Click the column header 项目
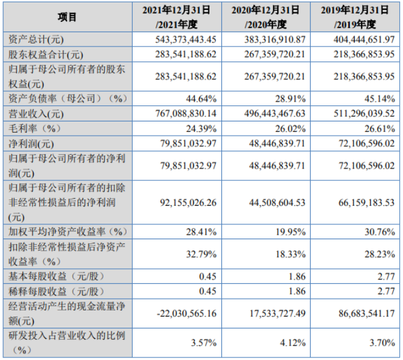coord(67,17)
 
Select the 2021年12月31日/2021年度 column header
coord(177,17)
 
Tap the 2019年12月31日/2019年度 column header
coord(355,17)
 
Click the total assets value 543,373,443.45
coord(185,40)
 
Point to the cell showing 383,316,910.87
coord(275,40)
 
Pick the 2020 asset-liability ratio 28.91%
coord(290,99)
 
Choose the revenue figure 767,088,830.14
coord(185,113)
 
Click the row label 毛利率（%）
coord(35,128)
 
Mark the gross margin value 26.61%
coord(379,128)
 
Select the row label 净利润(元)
coord(31,144)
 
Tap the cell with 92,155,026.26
coord(188,203)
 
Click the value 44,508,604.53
coord(277,203)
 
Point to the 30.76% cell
coord(379,232)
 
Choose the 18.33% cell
coord(290,254)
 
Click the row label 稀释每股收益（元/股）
coord(57,291)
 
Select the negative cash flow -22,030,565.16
coord(187,314)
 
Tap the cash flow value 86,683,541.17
coord(366,314)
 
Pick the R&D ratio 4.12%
coord(293,343)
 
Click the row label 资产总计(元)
coord(36,40)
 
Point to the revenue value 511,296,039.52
coord(364,113)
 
